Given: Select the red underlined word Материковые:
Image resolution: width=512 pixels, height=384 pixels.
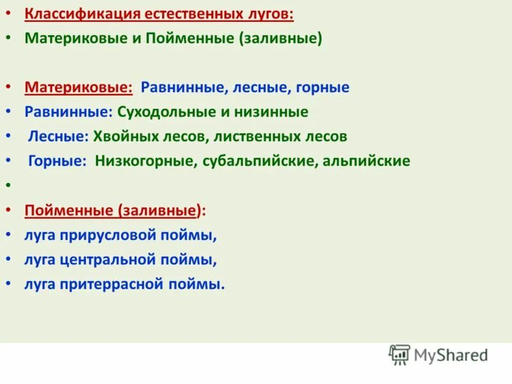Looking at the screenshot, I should [x=79, y=86].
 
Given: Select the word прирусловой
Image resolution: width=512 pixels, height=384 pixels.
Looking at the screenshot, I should [x=115, y=236].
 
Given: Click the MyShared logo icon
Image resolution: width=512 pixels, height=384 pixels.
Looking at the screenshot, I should [x=399, y=355].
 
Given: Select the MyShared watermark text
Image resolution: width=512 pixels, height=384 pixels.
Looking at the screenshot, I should [x=451, y=355].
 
